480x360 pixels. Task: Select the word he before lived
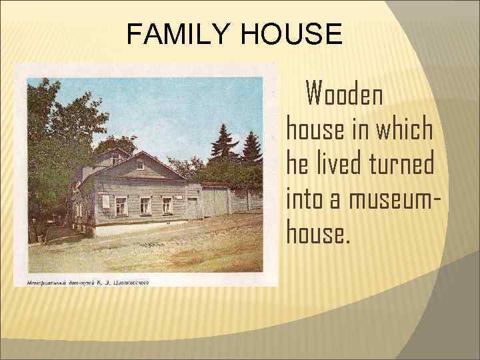tap(297, 163)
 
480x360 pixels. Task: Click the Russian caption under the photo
tap(87, 281)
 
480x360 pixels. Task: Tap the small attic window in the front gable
tap(139, 164)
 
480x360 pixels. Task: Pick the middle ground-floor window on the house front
tap(145, 205)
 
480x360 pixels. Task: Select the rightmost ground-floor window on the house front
tap(167, 205)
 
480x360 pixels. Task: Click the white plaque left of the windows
tap(105, 201)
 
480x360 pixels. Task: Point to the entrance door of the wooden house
tap(193, 207)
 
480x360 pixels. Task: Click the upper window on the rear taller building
tap(114, 160)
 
